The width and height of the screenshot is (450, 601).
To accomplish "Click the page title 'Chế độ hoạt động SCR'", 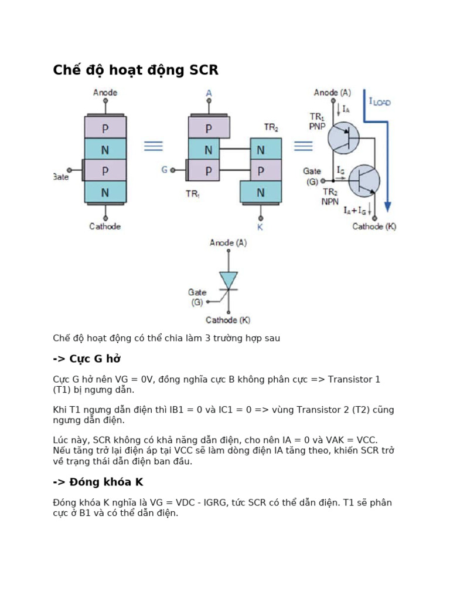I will [x=135, y=70].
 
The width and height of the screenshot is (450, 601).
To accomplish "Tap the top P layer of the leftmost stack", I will [x=105, y=127].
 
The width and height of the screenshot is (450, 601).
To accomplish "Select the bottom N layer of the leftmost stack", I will [x=105, y=192].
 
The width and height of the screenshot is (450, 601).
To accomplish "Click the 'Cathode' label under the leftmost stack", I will [x=105, y=227].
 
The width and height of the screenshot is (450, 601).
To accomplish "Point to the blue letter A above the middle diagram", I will [x=209, y=93].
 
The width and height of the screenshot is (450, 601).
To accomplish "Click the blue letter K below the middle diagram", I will [x=260, y=227].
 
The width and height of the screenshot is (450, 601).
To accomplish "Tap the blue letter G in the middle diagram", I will [x=165, y=170].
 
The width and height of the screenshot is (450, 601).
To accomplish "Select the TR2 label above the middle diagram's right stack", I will [x=271, y=127].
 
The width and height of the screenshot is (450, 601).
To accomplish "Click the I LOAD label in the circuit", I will [x=380, y=102].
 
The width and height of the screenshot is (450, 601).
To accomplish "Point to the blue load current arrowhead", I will [x=387, y=207].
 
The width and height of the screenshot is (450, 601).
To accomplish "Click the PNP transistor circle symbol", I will [x=343, y=138].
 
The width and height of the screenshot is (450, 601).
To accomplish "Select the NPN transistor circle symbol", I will [x=364, y=181].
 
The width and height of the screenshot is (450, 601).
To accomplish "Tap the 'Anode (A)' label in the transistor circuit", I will [x=332, y=93].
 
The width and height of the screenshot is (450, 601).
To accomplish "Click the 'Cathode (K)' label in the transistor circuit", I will [x=374, y=227].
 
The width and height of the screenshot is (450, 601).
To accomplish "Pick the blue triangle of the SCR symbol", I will [x=228, y=279].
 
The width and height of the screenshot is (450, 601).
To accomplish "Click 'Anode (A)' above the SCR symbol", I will [x=228, y=242].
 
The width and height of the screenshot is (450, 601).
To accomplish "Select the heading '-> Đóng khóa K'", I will [x=98, y=482].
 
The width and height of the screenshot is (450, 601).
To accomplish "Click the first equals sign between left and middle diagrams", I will [x=154, y=146].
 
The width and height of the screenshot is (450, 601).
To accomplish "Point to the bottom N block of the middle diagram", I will [x=260, y=192].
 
